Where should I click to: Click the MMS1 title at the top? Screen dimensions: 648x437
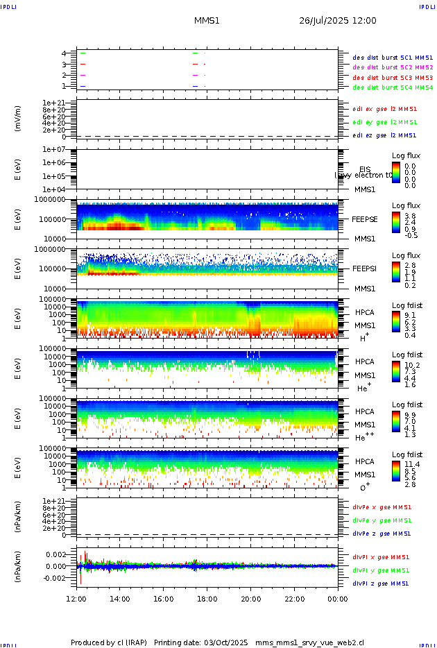tap(207, 21)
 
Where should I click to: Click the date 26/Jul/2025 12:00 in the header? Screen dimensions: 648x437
tap(337, 21)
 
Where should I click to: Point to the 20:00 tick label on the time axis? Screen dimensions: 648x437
tap(250, 598)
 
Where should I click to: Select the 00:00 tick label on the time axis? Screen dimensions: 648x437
tap(338, 598)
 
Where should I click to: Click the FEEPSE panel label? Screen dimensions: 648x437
tap(365, 219)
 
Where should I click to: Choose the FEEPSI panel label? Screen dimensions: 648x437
tap(365, 268)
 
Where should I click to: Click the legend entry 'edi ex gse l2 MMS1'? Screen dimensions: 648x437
tap(385, 109)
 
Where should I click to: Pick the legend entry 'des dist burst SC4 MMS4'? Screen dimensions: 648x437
tap(393, 87)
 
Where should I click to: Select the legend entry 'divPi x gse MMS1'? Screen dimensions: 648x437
tap(381, 557)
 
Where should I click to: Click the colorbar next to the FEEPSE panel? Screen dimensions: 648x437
tap(396, 221)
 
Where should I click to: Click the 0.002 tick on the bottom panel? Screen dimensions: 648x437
tap(55, 555)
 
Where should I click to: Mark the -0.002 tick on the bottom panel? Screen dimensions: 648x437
tap(53, 577)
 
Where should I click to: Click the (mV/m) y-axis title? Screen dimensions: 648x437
tap(19, 119)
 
